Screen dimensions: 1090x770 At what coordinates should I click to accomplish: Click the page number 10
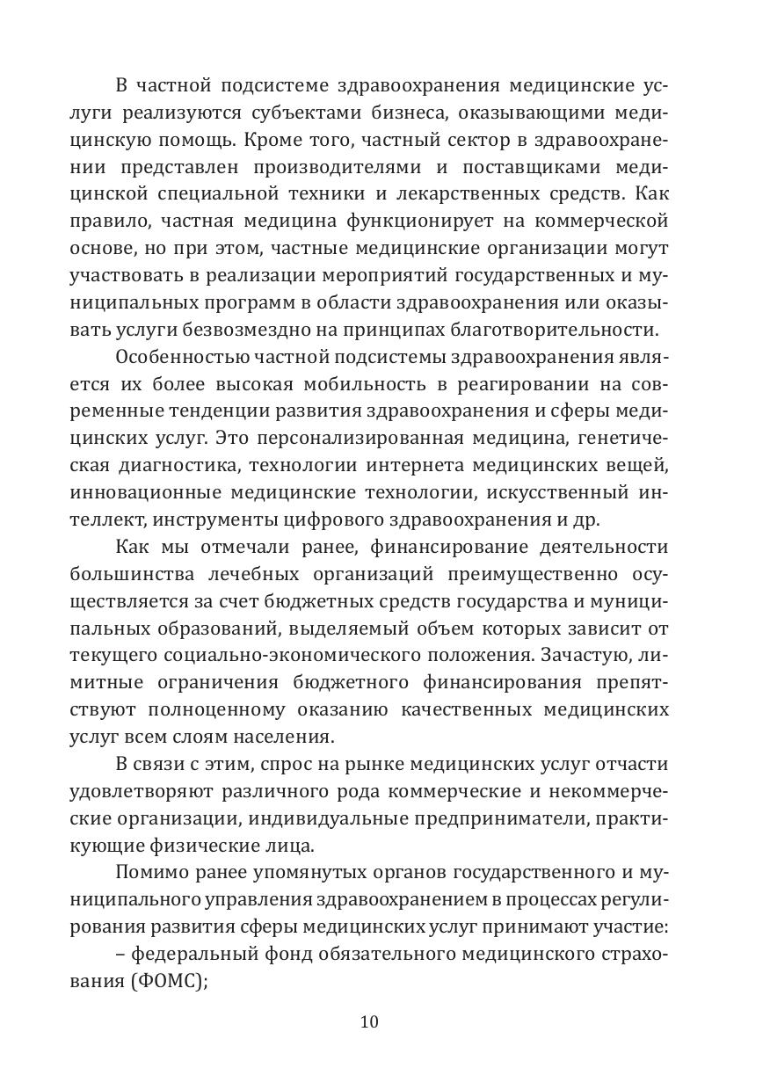369,1021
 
